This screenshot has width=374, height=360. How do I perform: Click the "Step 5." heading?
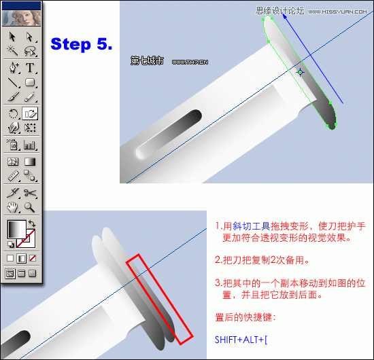pos(81,44)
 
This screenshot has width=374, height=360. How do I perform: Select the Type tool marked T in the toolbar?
pos(31,67)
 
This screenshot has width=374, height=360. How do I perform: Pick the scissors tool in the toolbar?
pos(31,192)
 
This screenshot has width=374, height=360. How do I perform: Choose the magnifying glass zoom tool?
pos(31,207)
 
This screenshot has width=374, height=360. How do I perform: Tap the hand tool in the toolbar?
pos(13,207)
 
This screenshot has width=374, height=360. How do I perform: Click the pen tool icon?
pos(13,67)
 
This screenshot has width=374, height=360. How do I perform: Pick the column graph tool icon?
pos(31,145)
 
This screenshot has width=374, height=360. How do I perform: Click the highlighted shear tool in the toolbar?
pos(31,113)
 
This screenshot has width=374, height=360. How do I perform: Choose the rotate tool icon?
pos(13,113)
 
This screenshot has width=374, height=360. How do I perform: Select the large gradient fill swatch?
pos(16,230)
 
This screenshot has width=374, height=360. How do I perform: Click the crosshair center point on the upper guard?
pos(301,71)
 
